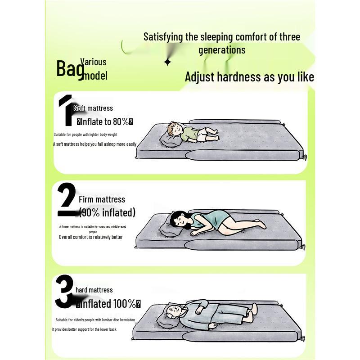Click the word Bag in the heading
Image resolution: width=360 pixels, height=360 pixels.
coord(70,68)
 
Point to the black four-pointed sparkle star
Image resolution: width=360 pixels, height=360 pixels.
coord(167,62)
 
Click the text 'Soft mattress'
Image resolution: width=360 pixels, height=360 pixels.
coord(93,108)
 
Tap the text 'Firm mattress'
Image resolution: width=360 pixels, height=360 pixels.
coord(102,199)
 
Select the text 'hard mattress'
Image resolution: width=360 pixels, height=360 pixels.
coord(94,290)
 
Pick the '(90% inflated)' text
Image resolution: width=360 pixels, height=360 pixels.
coord(107,212)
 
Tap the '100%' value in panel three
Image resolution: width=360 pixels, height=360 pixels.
coord(125,304)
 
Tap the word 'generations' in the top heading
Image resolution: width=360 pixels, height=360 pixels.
coord(222,49)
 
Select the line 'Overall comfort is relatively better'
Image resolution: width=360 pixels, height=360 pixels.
coord(90,237)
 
